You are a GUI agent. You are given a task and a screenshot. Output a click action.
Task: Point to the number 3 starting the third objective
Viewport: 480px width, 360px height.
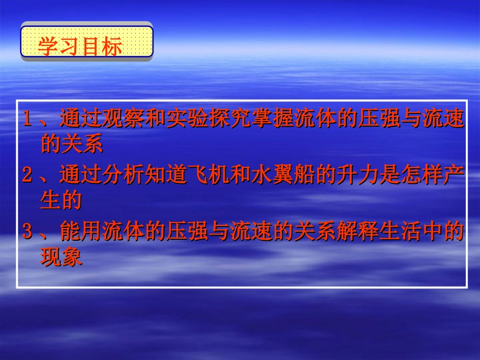[28, 233]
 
